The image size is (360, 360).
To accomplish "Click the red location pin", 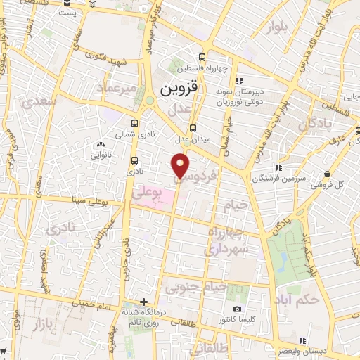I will point(181,165).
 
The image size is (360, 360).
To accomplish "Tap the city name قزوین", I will point(180,90).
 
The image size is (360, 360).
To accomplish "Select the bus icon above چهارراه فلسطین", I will point(202,58).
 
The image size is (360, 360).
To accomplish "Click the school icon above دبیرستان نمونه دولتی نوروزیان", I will point(239,80).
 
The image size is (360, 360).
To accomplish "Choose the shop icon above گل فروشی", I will point(327,174).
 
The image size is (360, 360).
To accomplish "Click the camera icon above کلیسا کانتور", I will point(238,309).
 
